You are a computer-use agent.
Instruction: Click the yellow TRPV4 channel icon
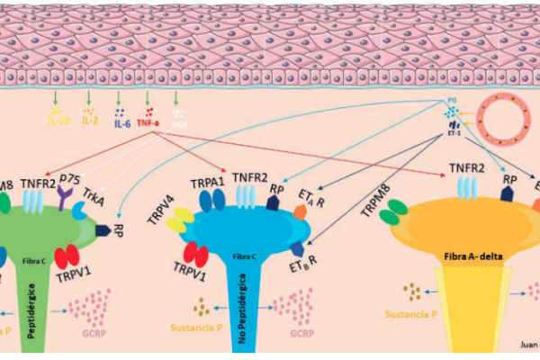[x=178, y=219]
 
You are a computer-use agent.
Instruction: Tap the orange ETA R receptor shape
[x=301, y=212]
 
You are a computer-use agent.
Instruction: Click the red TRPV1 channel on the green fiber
[x=67, y=257]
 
